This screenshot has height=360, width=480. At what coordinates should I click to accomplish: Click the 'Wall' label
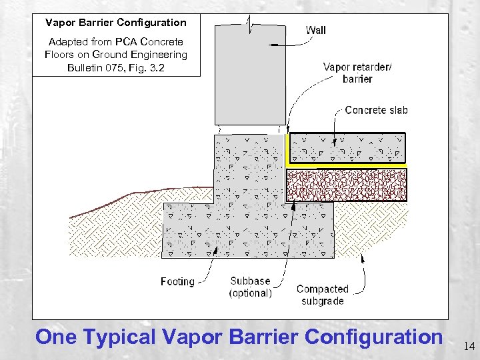click(315, 30)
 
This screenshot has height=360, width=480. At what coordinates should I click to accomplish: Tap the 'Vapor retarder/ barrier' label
click(357, 73)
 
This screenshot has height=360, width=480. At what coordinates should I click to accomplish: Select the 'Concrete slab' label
click(376, 111)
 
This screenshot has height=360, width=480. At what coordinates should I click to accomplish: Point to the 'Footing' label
click(177, 281)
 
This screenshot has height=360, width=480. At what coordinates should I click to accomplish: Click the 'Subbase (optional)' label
click(251, 287)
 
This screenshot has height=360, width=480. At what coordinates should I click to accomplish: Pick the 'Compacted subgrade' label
click(322, 295)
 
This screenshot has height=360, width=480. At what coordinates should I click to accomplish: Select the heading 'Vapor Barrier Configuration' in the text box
click(116, 23)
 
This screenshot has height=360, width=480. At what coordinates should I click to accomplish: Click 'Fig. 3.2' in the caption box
click(150, 67)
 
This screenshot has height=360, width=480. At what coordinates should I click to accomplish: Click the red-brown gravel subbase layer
click(346, 185)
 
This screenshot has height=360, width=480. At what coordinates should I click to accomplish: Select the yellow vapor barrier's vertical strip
click(287, 148)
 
